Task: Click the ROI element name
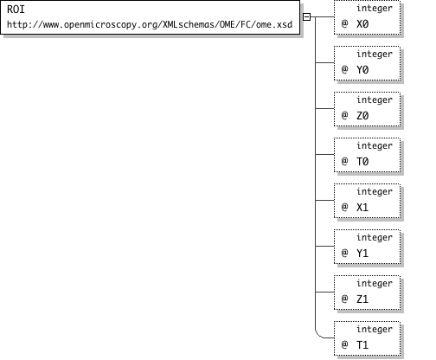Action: click(16, 10)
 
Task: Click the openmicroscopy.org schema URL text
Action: click(150, 24)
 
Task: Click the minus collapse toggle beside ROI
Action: click(306, 16)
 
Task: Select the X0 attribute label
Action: click(362, 23)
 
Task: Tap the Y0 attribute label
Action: click(362, 69)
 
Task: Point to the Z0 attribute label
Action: click(362, 115)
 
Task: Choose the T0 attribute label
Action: click(362, 161)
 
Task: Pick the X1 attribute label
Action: click(362, 207)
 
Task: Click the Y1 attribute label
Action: click(362, 253)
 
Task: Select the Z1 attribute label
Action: click(362, 299)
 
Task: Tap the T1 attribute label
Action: click(362, 344)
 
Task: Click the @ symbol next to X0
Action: click(344, 23)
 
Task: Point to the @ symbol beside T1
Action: click(344, 344)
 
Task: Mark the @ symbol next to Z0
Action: click(344, 115)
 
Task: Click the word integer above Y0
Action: click(375, 54)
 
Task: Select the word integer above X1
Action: click(375, 191)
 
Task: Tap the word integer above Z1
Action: click(375, 283)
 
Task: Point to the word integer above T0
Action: click(375, 145)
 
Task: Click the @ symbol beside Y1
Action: click(344, 253)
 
